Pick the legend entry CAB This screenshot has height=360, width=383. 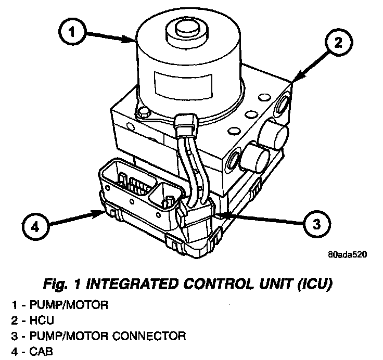[36, 351]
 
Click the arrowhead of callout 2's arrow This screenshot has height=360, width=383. [293, 80]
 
